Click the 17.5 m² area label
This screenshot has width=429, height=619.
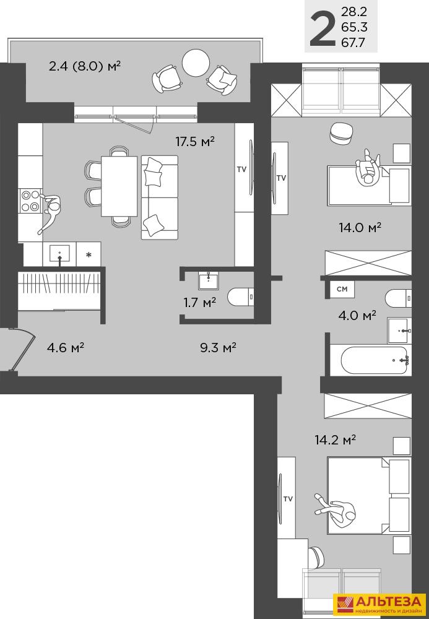click(x=195, y=141)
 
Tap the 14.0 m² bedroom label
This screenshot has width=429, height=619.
click(x=360, y=227)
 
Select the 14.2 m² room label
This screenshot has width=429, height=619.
click(x=336, y=439)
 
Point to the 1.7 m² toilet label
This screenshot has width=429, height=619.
click(x=200, y=303)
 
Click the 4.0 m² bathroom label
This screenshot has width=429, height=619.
click(x=357, y=316)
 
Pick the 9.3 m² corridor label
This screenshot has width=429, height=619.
click(x=218, y=348)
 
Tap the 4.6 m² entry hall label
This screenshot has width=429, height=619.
click(x=66, y=348)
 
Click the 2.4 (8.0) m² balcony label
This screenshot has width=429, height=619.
click(x=84, y=66)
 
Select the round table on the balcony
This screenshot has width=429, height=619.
click(x=196, y=63)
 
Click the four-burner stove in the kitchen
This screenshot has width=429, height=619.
click(x=30, y=201)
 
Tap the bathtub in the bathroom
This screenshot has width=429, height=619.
click(x=374, y=360)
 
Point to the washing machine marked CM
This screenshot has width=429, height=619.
click(x=342, y=289)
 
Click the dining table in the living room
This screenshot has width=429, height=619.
click(x=119, y=186)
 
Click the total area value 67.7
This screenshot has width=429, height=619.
click(x=353, y=43)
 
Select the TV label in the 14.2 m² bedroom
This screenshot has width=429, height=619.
click(x=288, y=498)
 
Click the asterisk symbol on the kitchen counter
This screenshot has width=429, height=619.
click(x=89, y=255)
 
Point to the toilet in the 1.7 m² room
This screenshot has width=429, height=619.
click(x=241, y=297)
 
